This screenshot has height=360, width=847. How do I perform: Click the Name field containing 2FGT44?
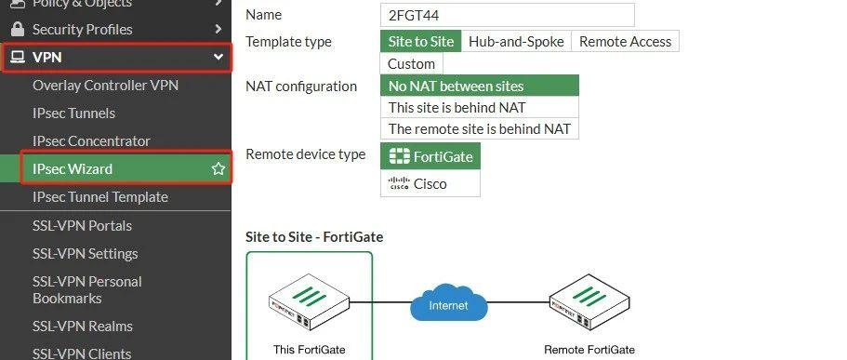pos(507,15)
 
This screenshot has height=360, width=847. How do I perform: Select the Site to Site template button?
pos(420,41)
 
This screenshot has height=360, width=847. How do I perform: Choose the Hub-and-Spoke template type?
pos(515,41)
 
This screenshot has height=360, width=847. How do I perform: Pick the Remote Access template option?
pos(624,41)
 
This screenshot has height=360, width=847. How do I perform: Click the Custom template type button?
pos(411,63)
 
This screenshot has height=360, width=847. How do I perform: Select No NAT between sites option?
pos(479,86)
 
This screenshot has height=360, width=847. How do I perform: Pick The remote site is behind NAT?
pos(479,128)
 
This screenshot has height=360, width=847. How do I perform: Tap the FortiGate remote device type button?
pos(430,156)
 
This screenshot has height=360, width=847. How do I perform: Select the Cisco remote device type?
pos(430,183)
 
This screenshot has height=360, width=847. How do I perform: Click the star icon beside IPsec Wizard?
pos(218,169)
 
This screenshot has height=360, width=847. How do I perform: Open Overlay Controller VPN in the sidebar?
pos(105,86)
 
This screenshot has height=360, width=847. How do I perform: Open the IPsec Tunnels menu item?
pos(73,113)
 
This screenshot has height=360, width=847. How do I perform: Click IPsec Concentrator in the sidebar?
pos(91,141)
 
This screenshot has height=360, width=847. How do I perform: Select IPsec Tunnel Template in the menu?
pos(100,197)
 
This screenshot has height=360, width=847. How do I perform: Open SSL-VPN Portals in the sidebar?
pos(82,226)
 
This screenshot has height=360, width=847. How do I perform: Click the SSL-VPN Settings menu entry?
pos(85,254)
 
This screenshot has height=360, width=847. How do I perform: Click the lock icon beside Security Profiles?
pos(17,29)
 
